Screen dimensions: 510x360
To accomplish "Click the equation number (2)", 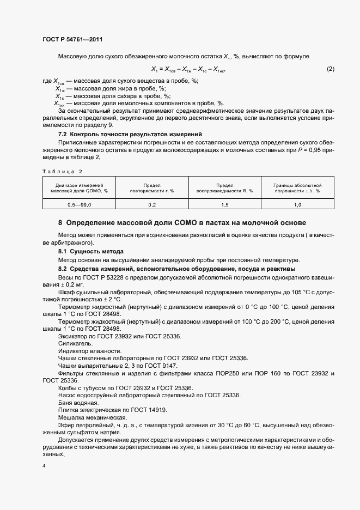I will (x=330, y=69).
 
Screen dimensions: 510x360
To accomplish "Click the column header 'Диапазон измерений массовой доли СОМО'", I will (x=79, y=188).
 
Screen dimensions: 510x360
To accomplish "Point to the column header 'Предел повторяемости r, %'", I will (x=152, y=188).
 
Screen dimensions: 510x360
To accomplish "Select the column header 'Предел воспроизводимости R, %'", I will (x=225, y=188).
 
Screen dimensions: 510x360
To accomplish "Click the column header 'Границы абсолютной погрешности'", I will (x=297, y=188).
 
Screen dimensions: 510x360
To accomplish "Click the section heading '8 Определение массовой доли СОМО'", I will (x=182, y=223).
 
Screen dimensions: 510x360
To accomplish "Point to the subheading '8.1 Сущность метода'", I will (x=91, y=251).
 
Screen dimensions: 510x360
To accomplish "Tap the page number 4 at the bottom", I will (x=44, y=466).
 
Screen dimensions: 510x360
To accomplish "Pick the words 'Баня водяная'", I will (x=78, y=402).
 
